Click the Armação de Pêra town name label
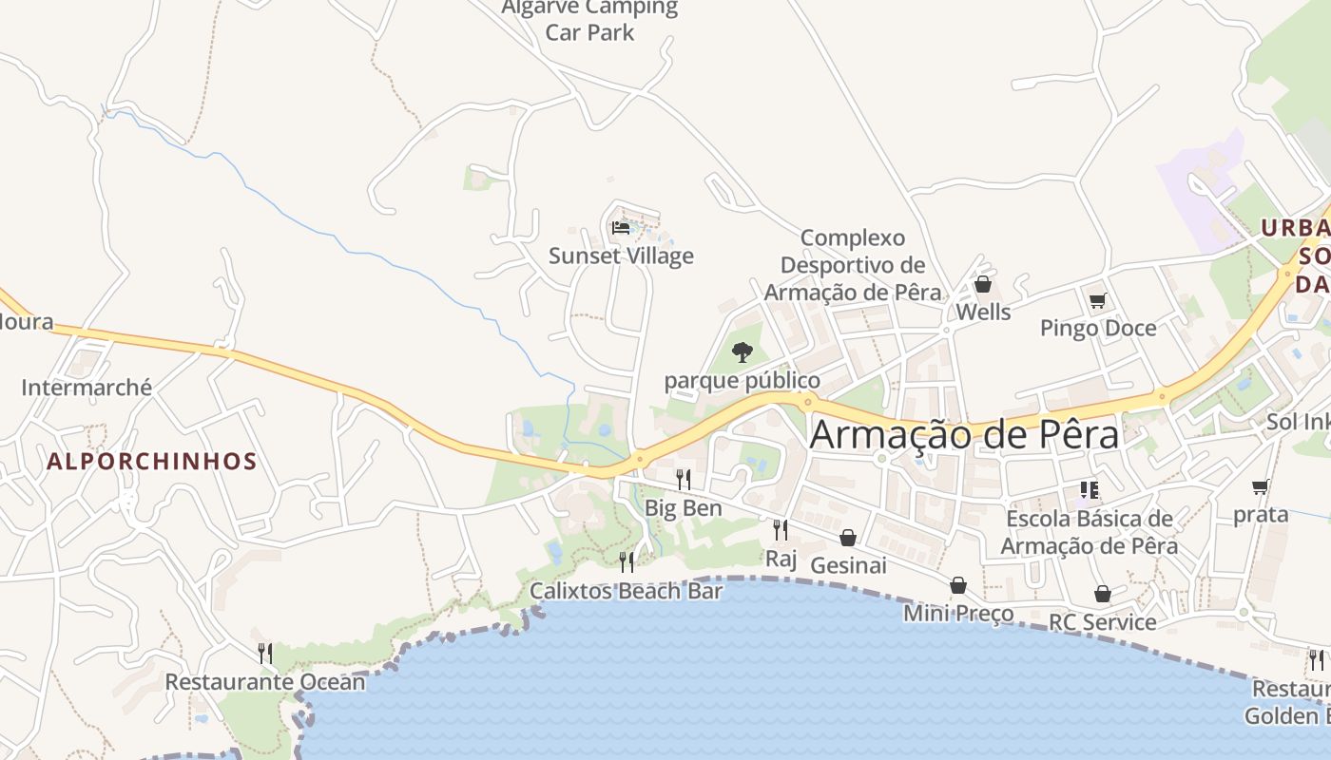(x=964, y=434)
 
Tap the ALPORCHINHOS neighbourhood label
(x=152, y=462)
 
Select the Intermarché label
(x=87, y=388)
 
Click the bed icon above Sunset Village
(x=621, y=228)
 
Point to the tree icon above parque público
(x=743, y=352)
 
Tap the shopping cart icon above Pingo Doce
(x=1097, y=301)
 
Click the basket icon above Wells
(x=983, y=284)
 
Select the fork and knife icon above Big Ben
(x=684, y=479)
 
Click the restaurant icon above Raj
(x=781, y=530)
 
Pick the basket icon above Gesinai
(x=848, y=538)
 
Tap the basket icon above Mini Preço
(x=958, y=585)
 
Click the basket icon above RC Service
(x=1102, y=594)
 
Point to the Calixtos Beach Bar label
(x=626, y=591)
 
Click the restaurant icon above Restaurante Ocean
(x=265, y=654)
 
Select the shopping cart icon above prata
(x=1261, y=487)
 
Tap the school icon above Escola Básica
(x=1090, y=490)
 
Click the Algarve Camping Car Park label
(x=589, y=20)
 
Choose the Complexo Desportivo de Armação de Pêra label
(x=853, y=265)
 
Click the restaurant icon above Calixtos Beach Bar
(x=627, y=562)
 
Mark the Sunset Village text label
(x=621, y=256)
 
